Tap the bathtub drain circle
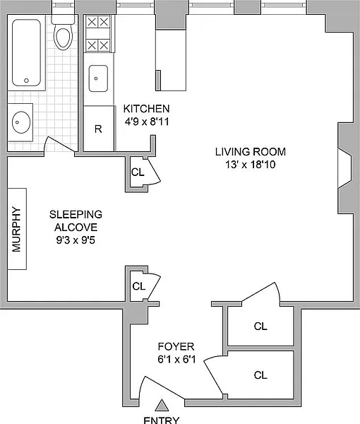click(x=26, y=81)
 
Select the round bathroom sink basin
click(x=21, y=122)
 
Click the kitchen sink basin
click(x=98, y=78)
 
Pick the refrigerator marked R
click(x=99, y=129)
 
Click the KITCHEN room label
click(x=146, y=109)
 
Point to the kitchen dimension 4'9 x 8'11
click(x=147, y=122)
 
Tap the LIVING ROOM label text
click(x=251, y=152)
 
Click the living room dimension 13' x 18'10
click(x=251, y=165)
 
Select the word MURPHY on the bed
click(x=17, y=229)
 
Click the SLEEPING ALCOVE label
click(x=76, y=220)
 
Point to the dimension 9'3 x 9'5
click(x=76, y=240)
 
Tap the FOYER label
click(x=176, y=346)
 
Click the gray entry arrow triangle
click(x=162, y=406)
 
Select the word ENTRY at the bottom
click(x=162, y=420)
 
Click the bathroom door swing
click(x=59, y=144)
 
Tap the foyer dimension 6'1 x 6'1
click(x=176, y=360)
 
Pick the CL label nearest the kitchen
click(x=138, y=172)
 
